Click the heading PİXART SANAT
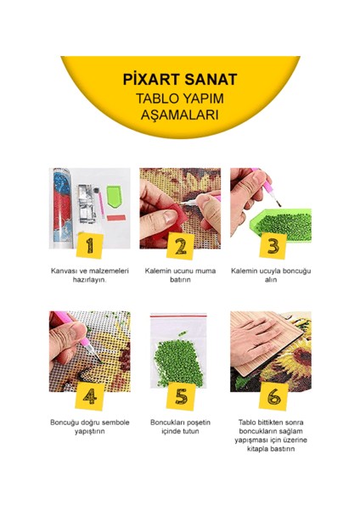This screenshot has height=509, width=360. click(x=179, y=81)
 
